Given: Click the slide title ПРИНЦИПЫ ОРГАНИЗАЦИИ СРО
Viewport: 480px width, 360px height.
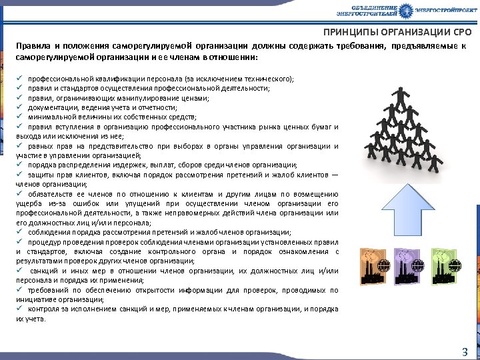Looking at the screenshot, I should [397, 32].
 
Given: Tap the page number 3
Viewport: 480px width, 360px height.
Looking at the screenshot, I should [465, 351].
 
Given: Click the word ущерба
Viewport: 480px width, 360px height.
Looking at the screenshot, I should [27, 203].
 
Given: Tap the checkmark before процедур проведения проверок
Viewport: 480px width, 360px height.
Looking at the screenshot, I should [19, 242].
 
